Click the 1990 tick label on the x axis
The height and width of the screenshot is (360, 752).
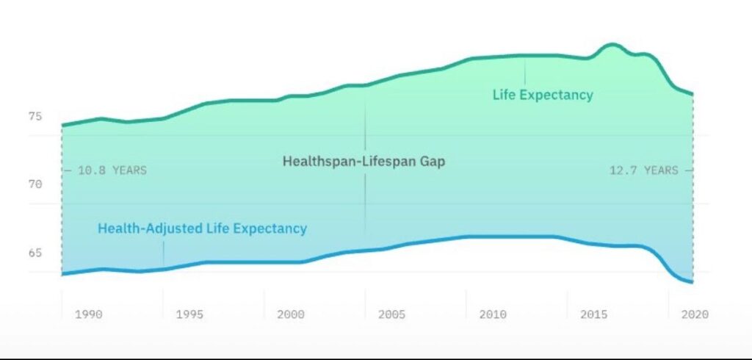(88, 314)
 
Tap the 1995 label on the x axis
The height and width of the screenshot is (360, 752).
(189, 314)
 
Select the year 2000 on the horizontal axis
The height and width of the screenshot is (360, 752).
(291, 314)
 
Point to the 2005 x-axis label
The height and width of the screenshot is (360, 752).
(391, 314)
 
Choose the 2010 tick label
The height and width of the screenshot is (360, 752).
(493, 314)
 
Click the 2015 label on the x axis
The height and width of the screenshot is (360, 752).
(594, 314)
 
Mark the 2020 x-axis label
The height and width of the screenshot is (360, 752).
(695, 314)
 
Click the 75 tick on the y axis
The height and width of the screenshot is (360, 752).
(35, 116)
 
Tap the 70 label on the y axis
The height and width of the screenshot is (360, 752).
(35, 184)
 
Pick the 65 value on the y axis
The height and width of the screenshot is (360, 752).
(35, 253)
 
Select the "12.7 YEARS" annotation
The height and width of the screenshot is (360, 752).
(644, 170)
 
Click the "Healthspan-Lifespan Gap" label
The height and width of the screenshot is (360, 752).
(364, 161)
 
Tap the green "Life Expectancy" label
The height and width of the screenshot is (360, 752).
(543, 95)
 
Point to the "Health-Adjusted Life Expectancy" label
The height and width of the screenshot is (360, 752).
(203, 228)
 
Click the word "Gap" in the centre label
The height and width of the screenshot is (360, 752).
(430, 161)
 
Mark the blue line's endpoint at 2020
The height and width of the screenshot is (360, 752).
(693, 282)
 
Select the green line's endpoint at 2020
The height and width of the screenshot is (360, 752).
(693, 94)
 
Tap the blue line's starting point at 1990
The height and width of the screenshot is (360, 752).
(62, 274)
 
